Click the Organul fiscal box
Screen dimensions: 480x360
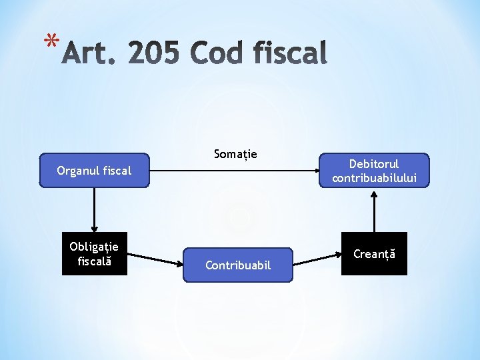(94, 171)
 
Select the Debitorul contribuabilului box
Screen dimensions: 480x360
(374, 171)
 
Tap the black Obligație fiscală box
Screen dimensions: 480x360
(94, 254)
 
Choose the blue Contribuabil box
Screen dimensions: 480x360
(238, 265)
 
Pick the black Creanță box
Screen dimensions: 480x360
(374, 254)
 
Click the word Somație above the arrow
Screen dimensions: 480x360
(235, 155)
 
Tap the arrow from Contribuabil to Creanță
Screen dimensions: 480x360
(317, 259)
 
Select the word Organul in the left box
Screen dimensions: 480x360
(77, 171)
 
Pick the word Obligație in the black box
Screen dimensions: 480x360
(94, 247)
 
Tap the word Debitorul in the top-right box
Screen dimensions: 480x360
(374, 164)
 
